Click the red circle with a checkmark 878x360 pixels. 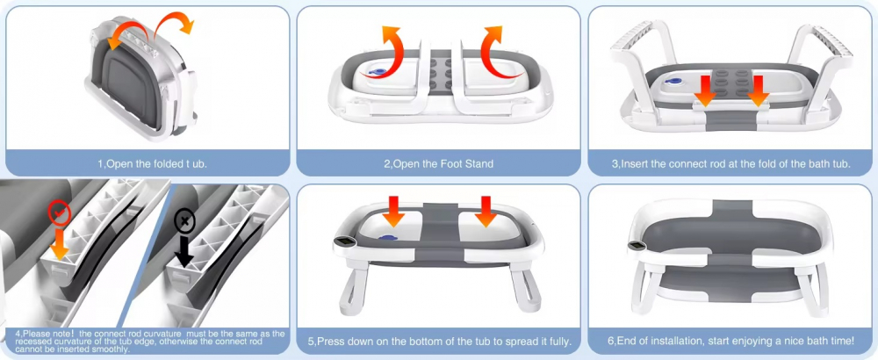tap(60, 213)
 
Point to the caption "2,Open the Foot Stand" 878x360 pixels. tap(438, 164)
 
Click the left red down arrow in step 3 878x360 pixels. tap(706, 90)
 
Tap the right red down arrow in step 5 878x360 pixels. tap(486, 211)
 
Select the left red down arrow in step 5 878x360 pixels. tap(393, 211)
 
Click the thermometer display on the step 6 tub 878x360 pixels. tap(637, 245)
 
